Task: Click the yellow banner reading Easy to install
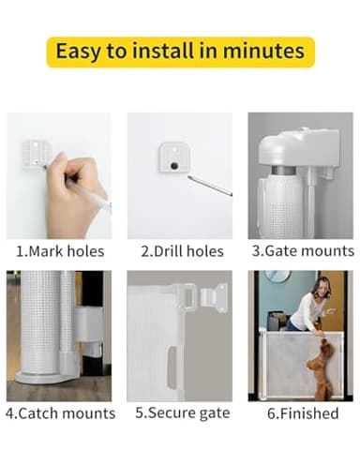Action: pyautogui.click(x=180, y=51)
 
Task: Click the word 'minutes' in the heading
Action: pyautogui.click(x=262, y=51)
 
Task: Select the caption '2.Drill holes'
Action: pyautogui.click(x=180, y=251)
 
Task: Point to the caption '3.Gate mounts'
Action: pyautogui.click(x=301, y=251)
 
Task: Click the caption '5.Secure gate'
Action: pyautogui.click(x=180, y=413)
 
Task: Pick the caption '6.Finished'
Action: pyautogui.click(x=301, y=413)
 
